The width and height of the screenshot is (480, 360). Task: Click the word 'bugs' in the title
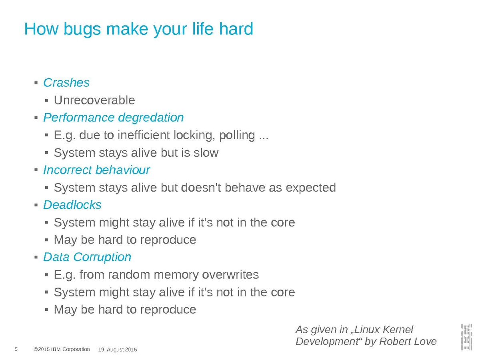pyautogui.click(x=82, y=30)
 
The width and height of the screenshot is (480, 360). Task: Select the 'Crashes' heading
pyautogui.click(x=66, y=82)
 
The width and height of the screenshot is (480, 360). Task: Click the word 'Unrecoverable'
pyautogui.click(x=94, y=100)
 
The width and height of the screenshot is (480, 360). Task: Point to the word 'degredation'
pyautogui.click(x=151, y=118)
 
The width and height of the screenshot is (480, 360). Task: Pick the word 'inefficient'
pyautogui.click(x=144, y=135)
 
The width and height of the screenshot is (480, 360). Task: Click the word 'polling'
pyautogui.click(x=237, y=136)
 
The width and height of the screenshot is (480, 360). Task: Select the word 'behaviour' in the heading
pyautogui.click(x=123, y=170)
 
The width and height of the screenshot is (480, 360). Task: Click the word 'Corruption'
pyautogui.click(x=102, y=258)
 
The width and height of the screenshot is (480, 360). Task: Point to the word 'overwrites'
pyautogui.click(x=230, y=274)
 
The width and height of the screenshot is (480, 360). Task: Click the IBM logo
pyautogui.click(x=466, y=337)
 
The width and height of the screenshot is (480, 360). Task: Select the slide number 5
pyautogui.click(x=16, y=349)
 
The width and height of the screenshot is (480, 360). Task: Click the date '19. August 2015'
pyautogui.click(x=118, y=350)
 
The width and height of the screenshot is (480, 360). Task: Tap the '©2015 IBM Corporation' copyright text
pyautogui.click(x=62, y=349)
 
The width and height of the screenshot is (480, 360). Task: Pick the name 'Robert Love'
pyautogui.click(x=408, y=342)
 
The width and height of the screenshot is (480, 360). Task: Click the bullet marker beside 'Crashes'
pyautogui.click(x=36, y=83)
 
